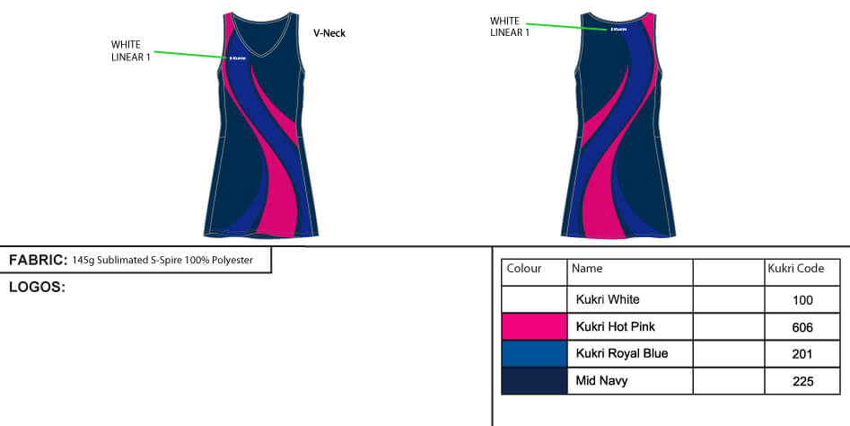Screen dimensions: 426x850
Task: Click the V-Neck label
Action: tap(329, 33)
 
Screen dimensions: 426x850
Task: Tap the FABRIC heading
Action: tap(38, 261)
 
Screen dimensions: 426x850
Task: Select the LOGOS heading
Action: tap(37, 288)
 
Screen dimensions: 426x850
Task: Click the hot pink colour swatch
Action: tap(534, 326)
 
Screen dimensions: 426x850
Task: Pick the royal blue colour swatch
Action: tap(534, 353)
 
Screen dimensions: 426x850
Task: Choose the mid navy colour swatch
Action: tap(534, 380)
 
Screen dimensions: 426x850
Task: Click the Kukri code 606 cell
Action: tap(802, 327)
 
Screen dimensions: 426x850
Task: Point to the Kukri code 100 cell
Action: tap(802, 300)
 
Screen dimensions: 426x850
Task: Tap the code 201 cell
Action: tap(802, 354)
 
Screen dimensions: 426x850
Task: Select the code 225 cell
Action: tap(802, 381)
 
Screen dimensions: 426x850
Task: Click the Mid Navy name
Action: tap(601, 380)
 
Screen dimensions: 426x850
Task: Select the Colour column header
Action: tap(524, 269)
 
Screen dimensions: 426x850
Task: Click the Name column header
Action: tap(587, 269)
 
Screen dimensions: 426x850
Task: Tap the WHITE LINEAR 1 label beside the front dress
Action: tap(130, 50)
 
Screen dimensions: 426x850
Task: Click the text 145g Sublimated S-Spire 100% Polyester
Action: tap(162, 261)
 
